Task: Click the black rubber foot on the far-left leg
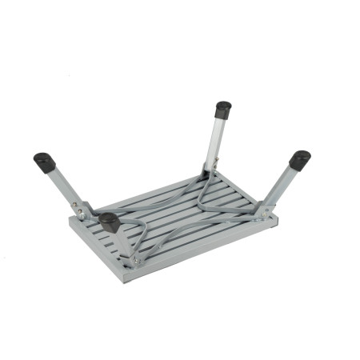[45, 162]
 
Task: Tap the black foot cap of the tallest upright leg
[223, 110]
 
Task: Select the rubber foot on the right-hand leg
[299, 160]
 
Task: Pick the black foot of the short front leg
[109, 222]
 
